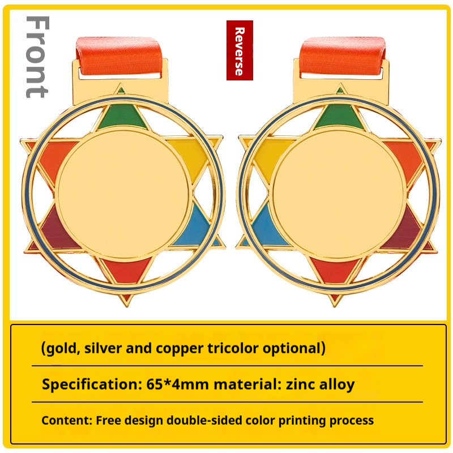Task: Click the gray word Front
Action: coord(38,57)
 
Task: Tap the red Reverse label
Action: coord(240,50)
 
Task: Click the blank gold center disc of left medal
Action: coord(123,194)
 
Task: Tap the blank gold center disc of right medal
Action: coord(338,194)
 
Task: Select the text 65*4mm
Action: coord(177,384)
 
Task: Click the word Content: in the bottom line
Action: coord(67,420)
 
